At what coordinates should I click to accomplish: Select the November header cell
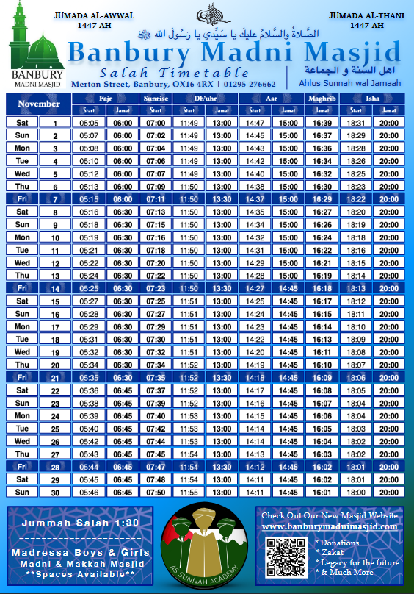[x=38, y=104]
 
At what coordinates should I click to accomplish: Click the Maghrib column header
[x=322, y=98]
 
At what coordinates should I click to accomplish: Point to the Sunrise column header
[x=156, y=98]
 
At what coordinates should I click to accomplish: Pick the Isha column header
[x=373, y=98]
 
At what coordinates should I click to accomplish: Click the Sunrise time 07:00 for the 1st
[x=156, y=124]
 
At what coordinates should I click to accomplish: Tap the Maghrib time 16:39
[x=322, y=124]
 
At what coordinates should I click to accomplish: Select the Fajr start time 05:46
[x=90, y=492]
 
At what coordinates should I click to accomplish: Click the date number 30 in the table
[x=54, y=493]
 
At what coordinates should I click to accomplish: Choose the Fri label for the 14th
[x=22, y=289]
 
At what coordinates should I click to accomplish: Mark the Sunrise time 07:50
[x=156, y=492]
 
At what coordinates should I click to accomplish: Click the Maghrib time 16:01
[x=322, y=492]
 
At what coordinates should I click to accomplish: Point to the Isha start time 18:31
[x=356, y=124]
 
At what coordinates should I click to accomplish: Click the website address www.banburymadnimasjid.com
[x=330, y=526]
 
